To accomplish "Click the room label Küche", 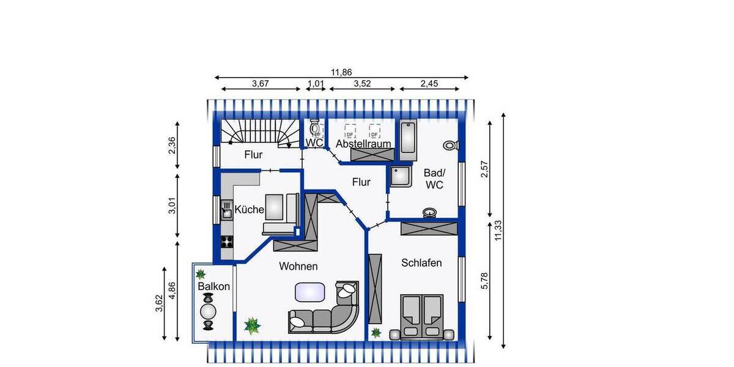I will tap(249, 210).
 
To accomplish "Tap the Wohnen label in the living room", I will tap(298, 266).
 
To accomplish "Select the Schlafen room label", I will tap(421, 262).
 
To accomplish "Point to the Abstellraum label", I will tap(363, 144).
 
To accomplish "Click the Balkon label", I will tap(213, 286).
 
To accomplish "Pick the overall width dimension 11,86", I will tap(341, 72).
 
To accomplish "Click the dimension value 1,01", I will tap(315, 84).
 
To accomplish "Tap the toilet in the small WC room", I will tap(315, 128).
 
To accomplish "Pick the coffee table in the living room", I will tap(310, 292).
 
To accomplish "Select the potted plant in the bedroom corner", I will tap(376, 333).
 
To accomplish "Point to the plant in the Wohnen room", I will tap(251, 325).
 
